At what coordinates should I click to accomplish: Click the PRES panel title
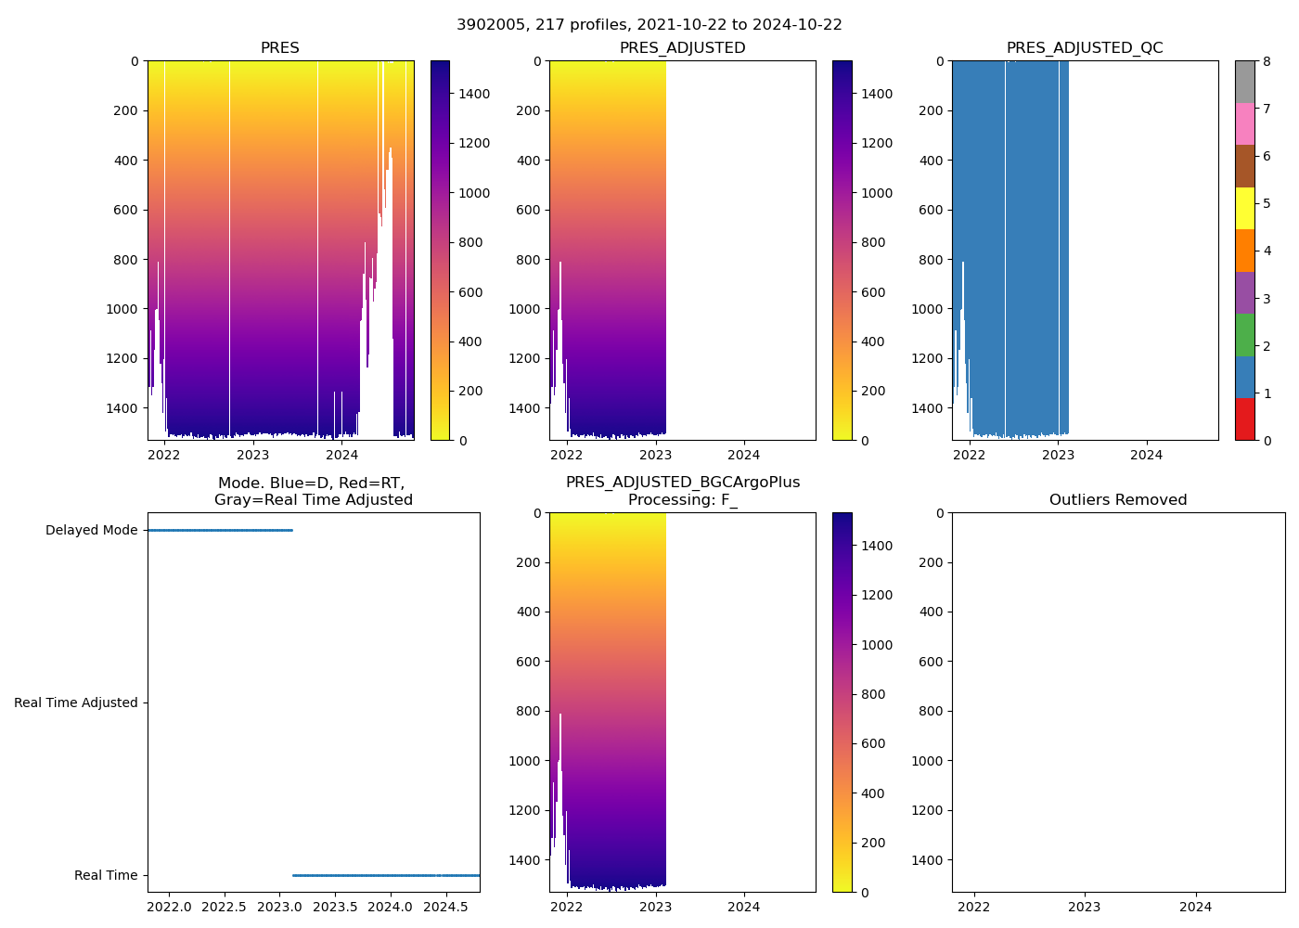coord(279,48)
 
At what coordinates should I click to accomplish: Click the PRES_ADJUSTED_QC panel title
coord(1085,48)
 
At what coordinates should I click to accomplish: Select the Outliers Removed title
coord(1118,500)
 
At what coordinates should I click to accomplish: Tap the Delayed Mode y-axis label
coord(91,531)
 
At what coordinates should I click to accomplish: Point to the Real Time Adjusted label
coord(76,703)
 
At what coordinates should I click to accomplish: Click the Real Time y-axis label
coord(106,876)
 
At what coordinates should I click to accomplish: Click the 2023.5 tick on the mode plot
coord(335,907)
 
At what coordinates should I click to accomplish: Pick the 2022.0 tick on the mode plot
coord(170,907)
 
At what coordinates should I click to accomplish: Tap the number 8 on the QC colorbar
coord(1267,61)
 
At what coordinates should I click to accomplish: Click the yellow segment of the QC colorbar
coord(1244,208)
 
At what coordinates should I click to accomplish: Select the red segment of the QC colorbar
coord(1244,419)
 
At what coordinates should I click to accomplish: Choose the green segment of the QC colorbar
coord(1244,335)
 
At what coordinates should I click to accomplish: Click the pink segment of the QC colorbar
coord(1244,123)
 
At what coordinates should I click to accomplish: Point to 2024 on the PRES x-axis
coord(341,455)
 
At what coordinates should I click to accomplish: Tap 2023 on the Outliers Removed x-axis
coord(1085,907)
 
